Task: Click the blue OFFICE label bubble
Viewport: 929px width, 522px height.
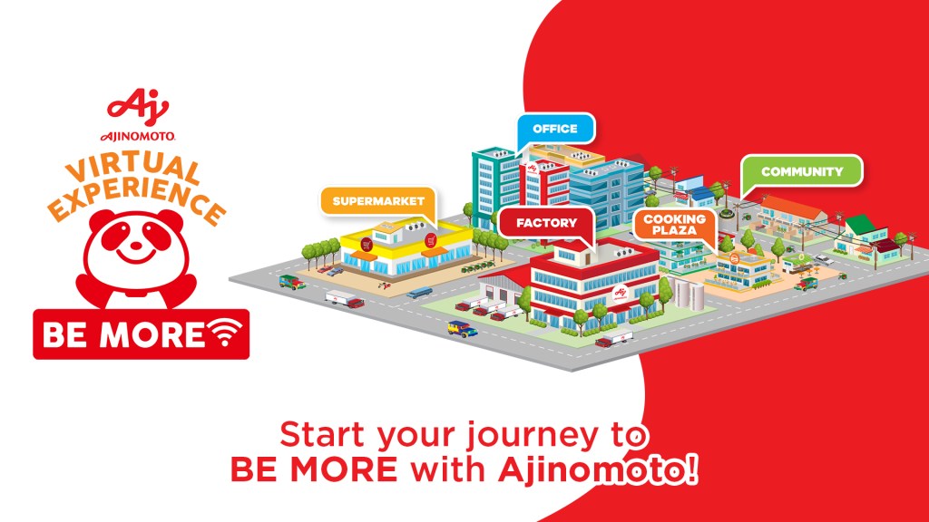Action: coord(555,129)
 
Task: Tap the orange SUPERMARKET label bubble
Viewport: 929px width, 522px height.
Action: coord(378,201)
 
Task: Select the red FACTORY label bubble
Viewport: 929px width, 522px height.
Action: coord(546,223)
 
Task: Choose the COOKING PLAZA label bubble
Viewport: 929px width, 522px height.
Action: coord(675,225)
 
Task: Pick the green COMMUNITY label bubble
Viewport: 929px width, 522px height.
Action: coord(802,171)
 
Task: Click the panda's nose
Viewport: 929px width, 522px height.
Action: coord(136,243)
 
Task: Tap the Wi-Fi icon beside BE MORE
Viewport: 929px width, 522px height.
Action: coord(224,332)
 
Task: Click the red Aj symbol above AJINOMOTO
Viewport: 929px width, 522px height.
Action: coord(138,108)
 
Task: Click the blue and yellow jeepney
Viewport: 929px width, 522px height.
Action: coord(462,328)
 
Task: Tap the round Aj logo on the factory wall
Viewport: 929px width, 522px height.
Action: coord(621,293)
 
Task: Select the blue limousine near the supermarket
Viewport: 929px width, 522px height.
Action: coord(419,293)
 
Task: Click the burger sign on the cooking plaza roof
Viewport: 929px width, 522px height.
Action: coord(735,258)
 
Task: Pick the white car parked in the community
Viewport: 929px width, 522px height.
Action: coord(824,259)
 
